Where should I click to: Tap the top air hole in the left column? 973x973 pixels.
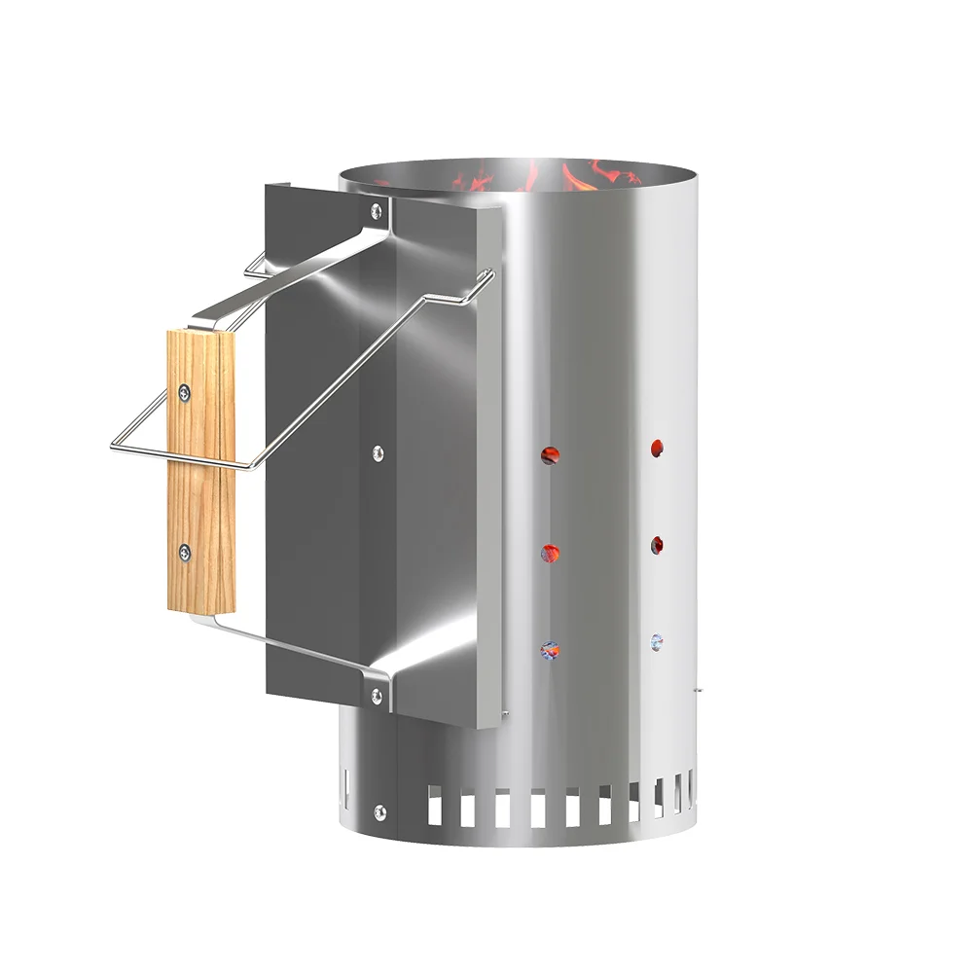(x=550, y=453)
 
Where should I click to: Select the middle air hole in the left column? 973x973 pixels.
(x=550, y=553)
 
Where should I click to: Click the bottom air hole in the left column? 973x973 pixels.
(x=550, y=649)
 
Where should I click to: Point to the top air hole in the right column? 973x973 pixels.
(x=657, y=447)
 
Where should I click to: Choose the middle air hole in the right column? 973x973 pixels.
(x=657, y=544)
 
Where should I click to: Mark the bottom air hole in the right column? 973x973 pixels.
(x=657, y=641)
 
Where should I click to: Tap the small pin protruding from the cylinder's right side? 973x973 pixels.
(x=697, y=692)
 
